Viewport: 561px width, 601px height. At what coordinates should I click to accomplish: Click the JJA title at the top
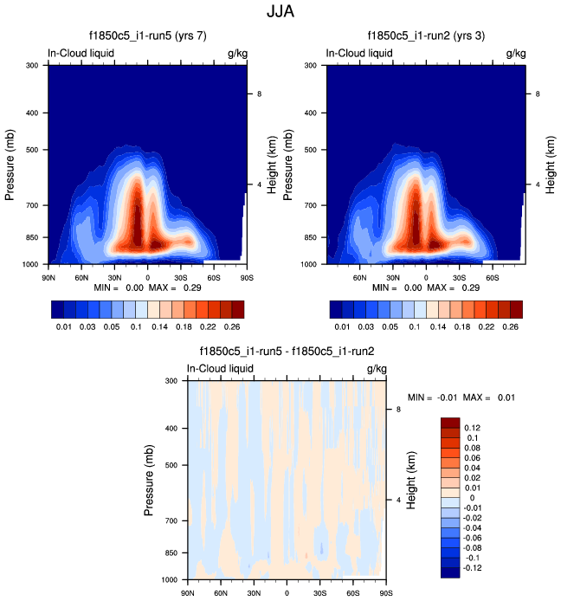click(281, 13)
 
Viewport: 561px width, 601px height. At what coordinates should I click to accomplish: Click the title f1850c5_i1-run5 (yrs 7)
click(147, 36)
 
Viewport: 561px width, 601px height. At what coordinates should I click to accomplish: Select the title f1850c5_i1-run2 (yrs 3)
click(427, 36)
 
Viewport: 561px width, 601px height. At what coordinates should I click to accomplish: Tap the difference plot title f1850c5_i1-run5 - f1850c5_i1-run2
click(287, 352)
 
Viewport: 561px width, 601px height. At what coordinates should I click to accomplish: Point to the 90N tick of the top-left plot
click(48, 277)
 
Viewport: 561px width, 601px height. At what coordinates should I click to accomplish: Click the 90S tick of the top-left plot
click(246, 277)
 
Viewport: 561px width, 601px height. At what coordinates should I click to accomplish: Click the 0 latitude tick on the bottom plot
click(287, 593)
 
